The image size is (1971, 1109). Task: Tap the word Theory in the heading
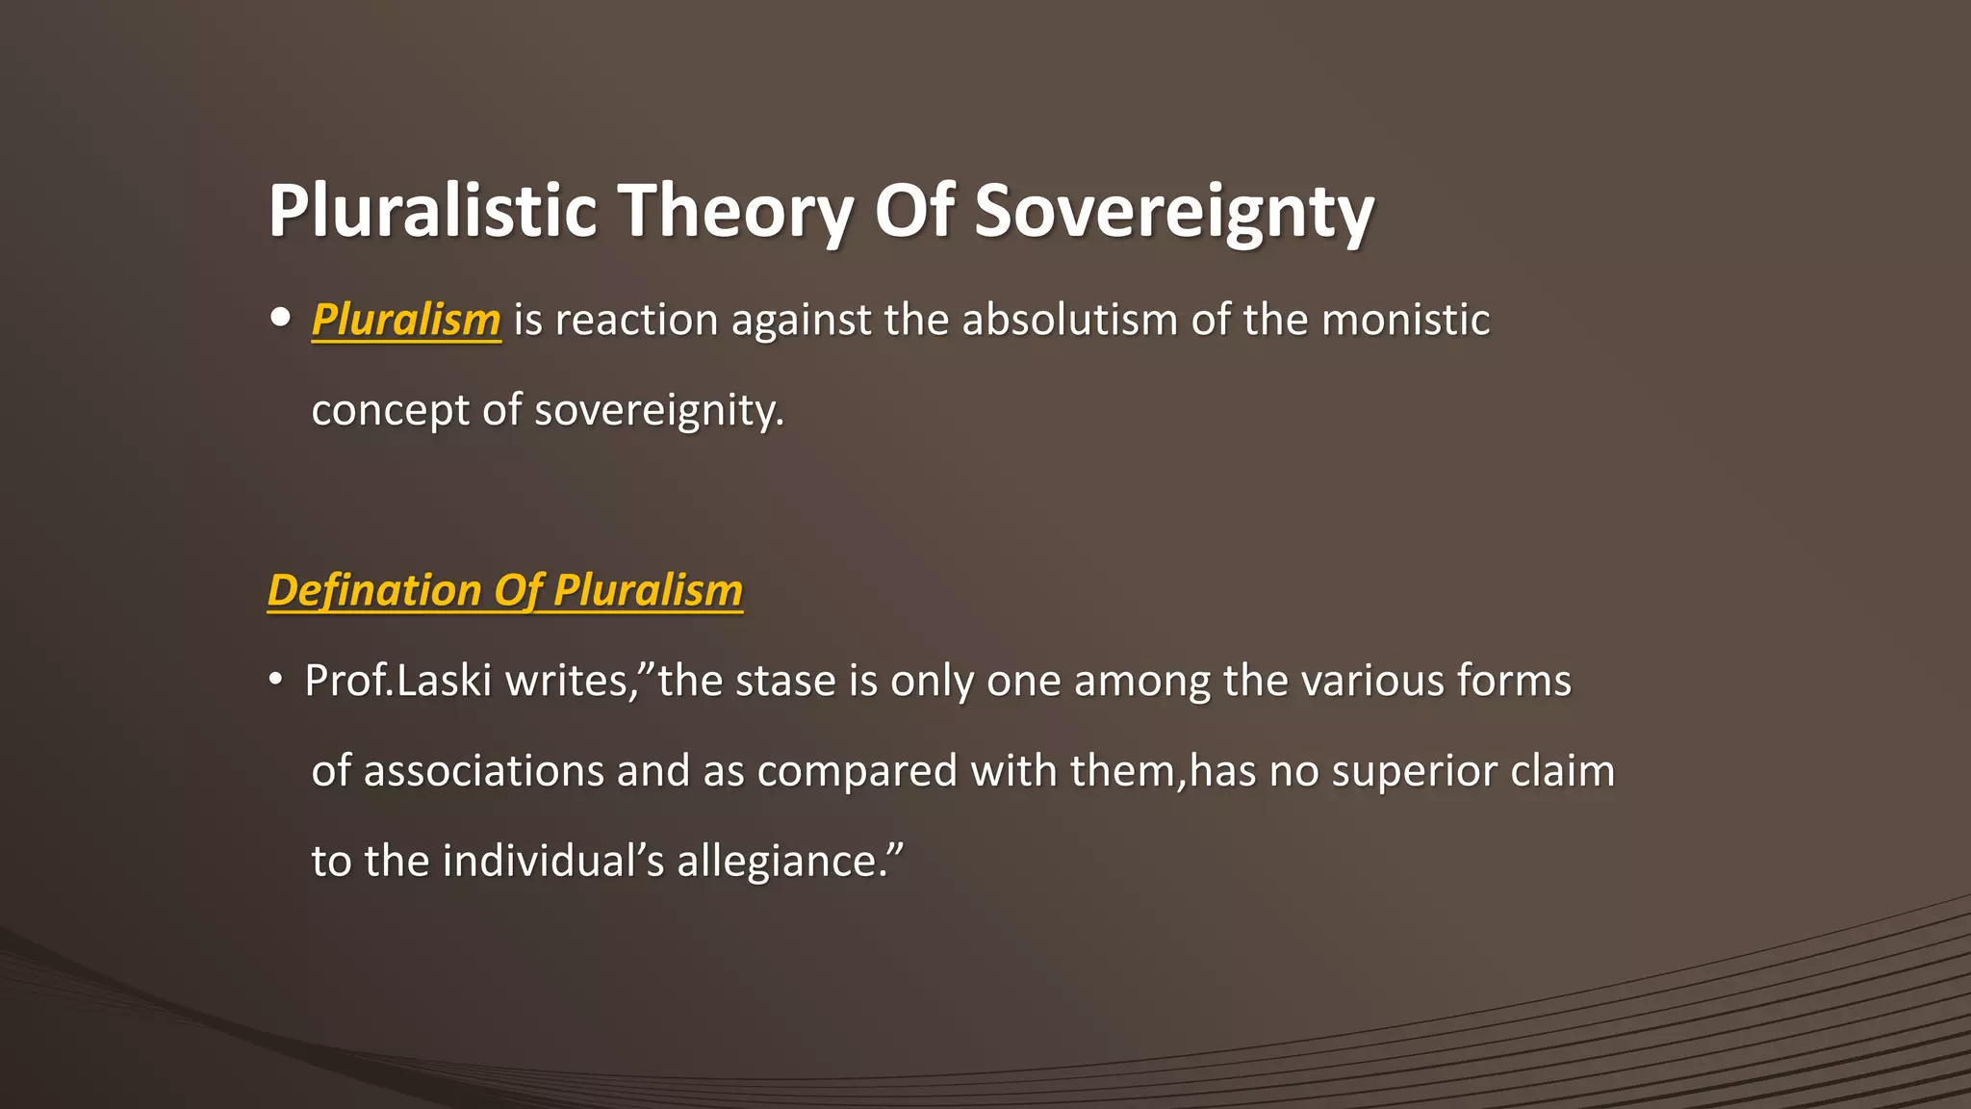click(735, 211)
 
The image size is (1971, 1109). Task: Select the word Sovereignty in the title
click(1174, 211)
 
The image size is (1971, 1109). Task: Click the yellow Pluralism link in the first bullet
click(406, 320)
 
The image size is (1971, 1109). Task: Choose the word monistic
click(1406, 320)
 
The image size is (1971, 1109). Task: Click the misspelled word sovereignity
click(659, 410)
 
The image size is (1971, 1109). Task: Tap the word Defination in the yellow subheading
click(374, 590)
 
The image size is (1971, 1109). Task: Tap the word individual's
click(553, 861)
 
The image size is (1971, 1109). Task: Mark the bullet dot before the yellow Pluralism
click(280, 318)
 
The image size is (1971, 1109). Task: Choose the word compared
click(857, 771)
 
